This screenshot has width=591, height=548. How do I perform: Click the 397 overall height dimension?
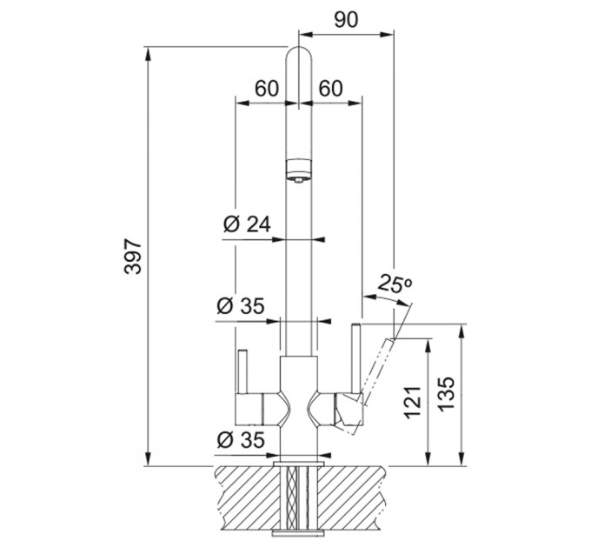coord(133,256)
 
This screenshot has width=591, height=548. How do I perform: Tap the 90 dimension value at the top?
coord(346,20)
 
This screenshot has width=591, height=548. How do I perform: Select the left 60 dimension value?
coord(267,89)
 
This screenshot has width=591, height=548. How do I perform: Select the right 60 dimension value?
coord(331,89)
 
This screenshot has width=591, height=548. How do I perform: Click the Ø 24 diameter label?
coord(247,224)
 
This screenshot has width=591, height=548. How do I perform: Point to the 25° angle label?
coord(395,283)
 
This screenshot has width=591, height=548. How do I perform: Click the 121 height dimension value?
coord(412,402)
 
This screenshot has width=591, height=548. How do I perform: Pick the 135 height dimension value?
coord(448,394)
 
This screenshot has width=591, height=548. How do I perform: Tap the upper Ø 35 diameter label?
coord(241,305)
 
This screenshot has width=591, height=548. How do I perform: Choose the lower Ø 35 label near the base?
coord(241,439)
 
